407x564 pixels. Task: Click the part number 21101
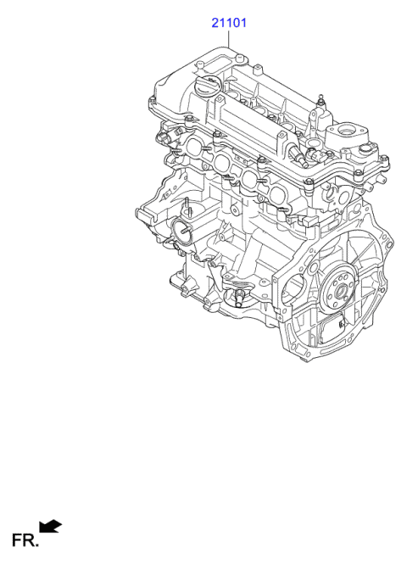(x=228, y=24)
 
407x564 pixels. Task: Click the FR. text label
(x=23, y=539)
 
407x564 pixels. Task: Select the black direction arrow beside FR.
(x=52, y=528)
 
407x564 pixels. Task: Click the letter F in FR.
(x=16, y=539)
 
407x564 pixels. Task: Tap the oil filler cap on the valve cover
(x=207, y=86)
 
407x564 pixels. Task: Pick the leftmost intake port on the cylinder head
(x=195, y=147)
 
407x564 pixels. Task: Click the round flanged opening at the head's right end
(x=348, y=132)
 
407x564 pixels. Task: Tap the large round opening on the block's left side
(x=181, y=227)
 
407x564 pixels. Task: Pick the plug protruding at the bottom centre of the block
(x=239, y=296)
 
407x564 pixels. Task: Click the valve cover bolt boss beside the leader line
(x=241, y=58)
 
